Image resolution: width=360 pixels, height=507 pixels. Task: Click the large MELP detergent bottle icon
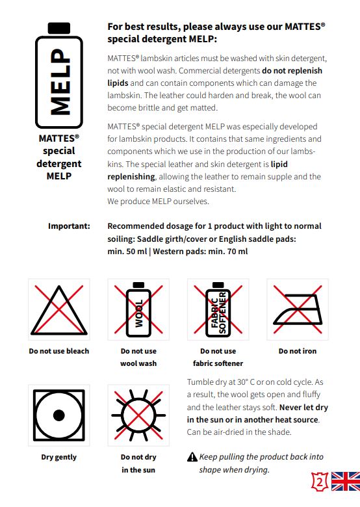click(59, 75)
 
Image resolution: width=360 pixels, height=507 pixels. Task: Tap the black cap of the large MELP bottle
click(59, 28)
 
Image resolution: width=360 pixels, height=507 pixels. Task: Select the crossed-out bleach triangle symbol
click(59, 310)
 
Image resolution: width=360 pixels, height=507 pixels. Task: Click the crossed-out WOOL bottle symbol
click(138, 309)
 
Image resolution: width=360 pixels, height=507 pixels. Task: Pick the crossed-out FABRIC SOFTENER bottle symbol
click(218, 309)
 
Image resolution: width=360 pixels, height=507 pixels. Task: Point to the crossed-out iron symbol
click(298, 309)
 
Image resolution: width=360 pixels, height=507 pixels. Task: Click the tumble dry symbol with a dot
click(59, 415)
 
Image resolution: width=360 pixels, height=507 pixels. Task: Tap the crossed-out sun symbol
click(138, 415)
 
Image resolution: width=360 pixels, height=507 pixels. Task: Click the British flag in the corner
click(346, 481)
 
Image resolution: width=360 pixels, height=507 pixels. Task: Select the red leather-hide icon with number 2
click(320, 482)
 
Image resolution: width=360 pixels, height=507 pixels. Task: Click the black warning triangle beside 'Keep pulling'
click(192, 457)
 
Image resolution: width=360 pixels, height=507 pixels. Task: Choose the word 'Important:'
click(69, 226)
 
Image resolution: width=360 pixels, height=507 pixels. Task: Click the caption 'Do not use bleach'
click(59, 351)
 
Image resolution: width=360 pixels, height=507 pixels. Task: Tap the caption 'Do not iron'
click(298, 351)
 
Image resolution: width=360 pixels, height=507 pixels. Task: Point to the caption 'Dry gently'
click(59, 457)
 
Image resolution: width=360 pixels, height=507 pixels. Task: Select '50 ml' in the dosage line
click(136, 252)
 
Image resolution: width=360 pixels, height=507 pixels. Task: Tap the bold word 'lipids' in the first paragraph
click(118, 83)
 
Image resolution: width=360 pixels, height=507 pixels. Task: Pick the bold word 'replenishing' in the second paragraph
click(131, 177)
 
